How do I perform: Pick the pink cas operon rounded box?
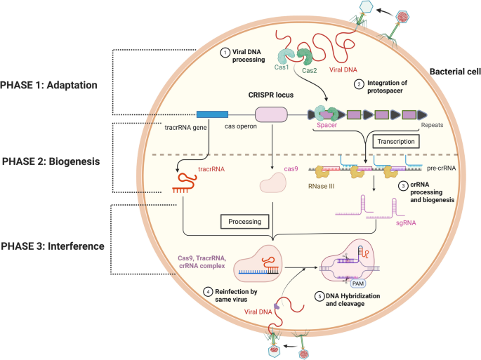point(271,114)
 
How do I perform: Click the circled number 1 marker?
point(225,53)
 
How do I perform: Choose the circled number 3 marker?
point(403,186)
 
